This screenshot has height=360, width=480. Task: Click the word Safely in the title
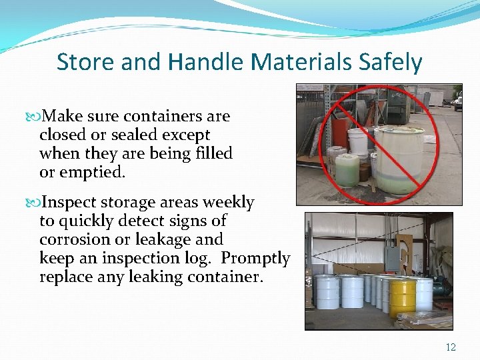click(x=391, y=62)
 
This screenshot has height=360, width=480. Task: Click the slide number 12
click(x=451, y=347)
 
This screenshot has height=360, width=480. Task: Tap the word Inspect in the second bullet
click(x=68, y=202)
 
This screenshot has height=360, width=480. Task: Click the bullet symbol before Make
click(x=34, y=117)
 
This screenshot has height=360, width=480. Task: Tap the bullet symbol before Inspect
click(x=34, y=203)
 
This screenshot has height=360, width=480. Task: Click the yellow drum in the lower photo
click(x=403, y=297)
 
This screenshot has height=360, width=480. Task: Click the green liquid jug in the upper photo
click(x=347, y=169)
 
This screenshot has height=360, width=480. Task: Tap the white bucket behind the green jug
click(x=358, y=143)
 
